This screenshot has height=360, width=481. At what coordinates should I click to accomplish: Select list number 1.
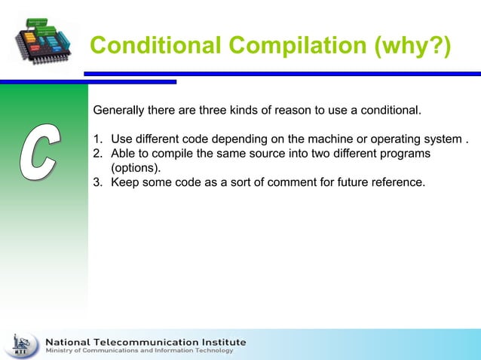tap(97, 140)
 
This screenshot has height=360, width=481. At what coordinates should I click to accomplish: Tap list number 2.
tap(97, 154)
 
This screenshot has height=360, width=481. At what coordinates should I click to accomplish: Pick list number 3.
tap(97, 182)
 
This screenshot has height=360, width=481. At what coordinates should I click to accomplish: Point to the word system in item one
tap(443, 140)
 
